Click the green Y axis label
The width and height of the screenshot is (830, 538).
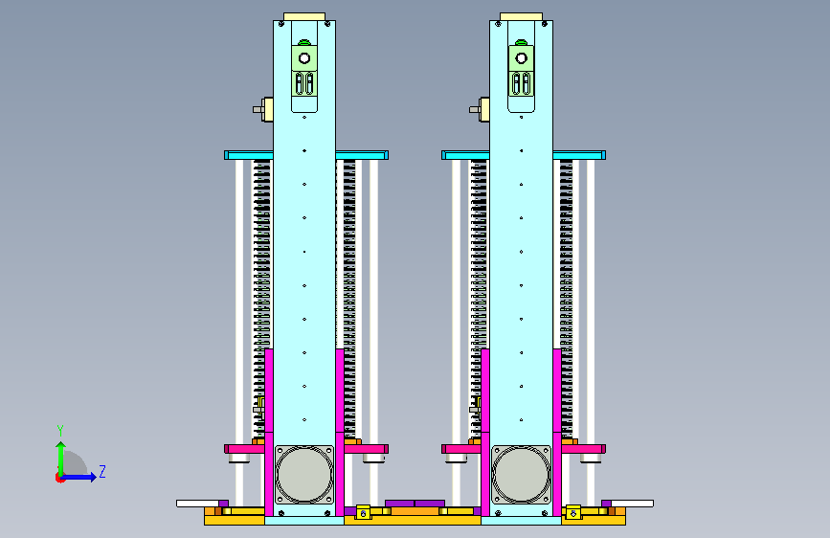[60, 431]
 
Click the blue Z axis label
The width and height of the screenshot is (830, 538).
[102, 471]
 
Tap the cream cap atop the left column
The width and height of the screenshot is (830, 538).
[304, 17]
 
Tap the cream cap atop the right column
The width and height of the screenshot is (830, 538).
[522, 17]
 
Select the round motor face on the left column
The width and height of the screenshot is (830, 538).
[304, 475]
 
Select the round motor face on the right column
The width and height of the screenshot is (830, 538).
[522, 475]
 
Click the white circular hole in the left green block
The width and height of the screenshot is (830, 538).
[304, 58]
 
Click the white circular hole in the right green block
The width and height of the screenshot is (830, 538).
[522, 58]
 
